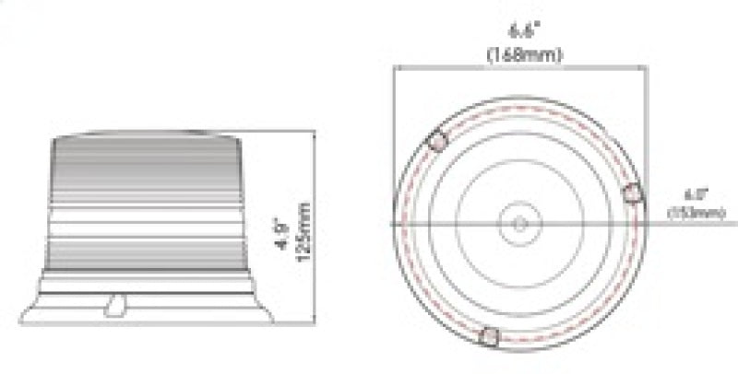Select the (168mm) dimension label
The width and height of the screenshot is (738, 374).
coord(524,53)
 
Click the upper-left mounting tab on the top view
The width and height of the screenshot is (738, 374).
coord(437,142)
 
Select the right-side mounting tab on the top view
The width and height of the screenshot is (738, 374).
coord(633,193)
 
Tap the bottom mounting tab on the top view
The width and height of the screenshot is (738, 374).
coord(492,337)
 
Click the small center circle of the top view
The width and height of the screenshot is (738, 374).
coord(519,224)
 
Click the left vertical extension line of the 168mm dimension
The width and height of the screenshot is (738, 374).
coord(394,138)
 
